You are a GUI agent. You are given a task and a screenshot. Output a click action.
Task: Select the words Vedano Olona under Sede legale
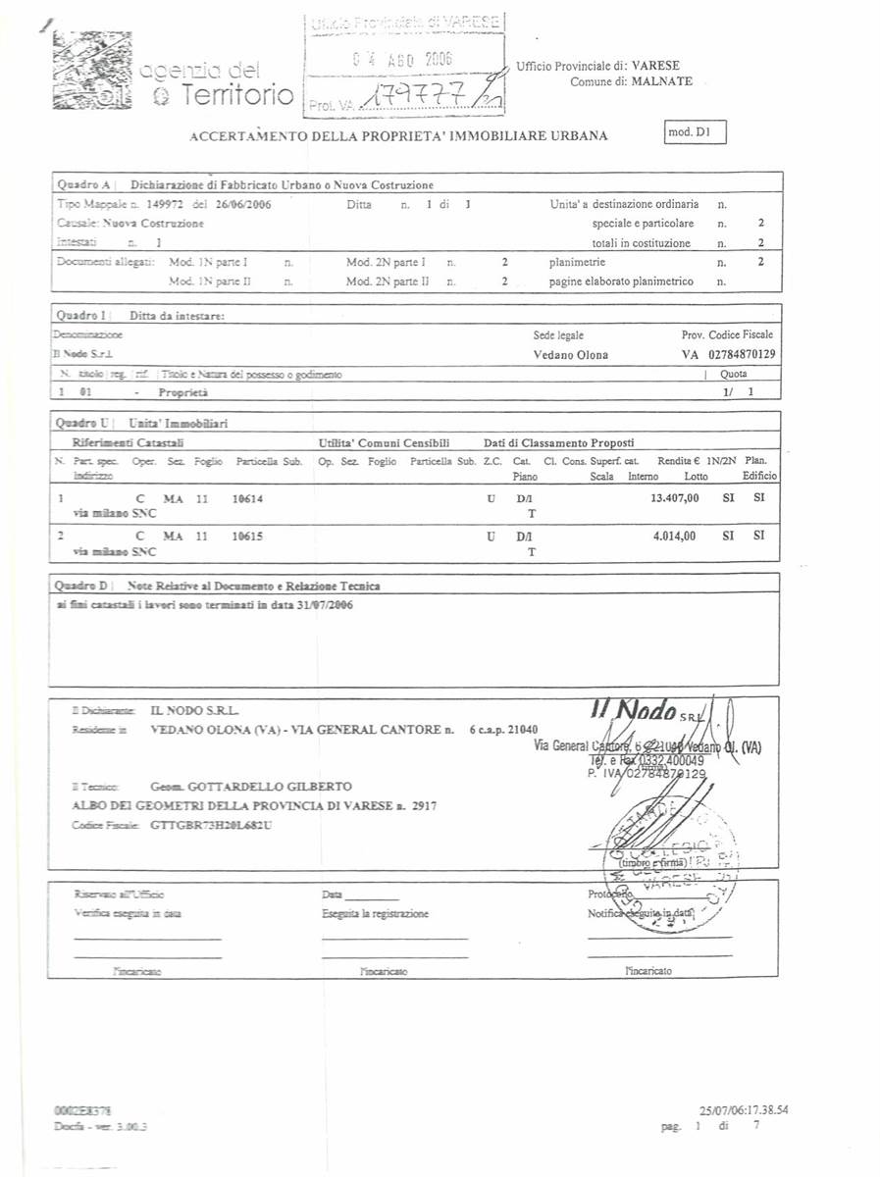[570, 355]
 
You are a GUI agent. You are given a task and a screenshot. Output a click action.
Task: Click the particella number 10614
[247, 498]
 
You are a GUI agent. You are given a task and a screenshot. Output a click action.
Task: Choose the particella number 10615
[247, 536]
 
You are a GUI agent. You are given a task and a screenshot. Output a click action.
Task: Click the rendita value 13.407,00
[675, 498]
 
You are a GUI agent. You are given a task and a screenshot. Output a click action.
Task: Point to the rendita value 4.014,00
[675, 536]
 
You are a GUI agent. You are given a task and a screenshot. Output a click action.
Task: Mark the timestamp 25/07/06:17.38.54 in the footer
[744, 1110]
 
